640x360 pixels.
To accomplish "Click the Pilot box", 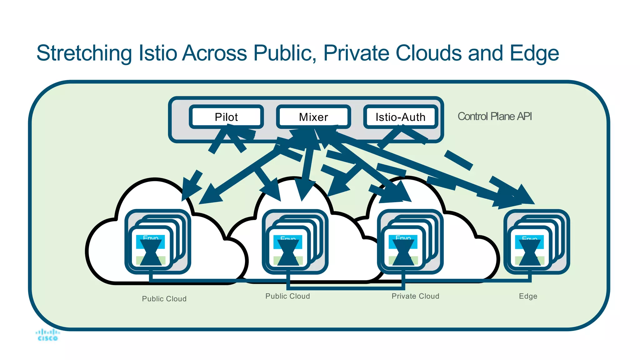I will [226, 117].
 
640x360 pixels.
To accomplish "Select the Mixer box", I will [313, 117].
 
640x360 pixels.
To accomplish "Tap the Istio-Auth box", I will [400, 117].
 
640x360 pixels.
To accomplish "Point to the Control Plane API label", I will [494, 116].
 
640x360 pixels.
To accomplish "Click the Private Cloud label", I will [415, 296].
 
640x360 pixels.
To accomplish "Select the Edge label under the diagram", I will [528, 296].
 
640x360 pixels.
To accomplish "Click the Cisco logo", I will [47, 335].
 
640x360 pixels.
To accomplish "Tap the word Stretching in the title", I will [84, 53].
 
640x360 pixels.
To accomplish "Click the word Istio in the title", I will [158, 53].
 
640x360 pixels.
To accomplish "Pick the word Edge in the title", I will [534, 53].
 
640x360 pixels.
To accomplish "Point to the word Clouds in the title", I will [428, 53].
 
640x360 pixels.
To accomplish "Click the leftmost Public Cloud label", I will [164, 299].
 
